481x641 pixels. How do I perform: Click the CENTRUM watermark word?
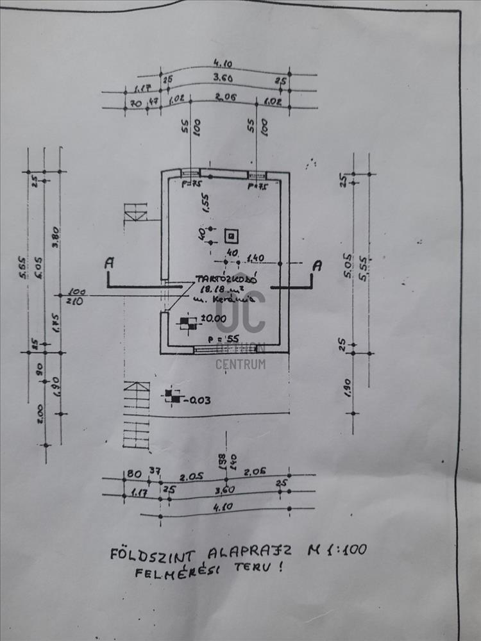(240, 365)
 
